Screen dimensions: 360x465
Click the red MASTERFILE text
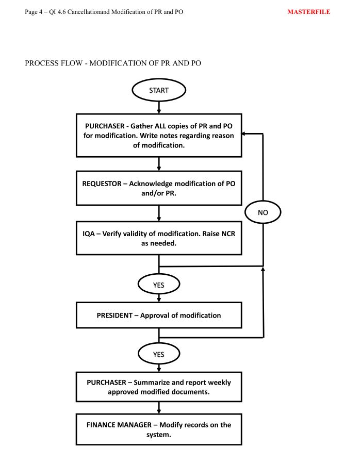click(308, 12)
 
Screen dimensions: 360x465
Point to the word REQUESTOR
click(102, 184)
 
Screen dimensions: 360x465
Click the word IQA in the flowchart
click(88, 234)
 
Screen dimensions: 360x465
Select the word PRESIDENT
click(114, 315)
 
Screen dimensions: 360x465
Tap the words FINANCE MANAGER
click(119, 425)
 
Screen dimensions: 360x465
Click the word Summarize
click(151, 383)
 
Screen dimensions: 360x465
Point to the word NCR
click(228, 234)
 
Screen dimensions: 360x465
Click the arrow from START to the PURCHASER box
click(159, 107)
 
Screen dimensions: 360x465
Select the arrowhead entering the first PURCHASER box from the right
click(243, 134)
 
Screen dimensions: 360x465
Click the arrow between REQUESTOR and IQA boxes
click(159, 213)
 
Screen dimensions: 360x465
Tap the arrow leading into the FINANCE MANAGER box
click(159, 408)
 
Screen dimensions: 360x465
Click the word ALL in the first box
click(160, 126)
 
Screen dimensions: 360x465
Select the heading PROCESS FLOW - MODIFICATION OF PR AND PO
click(113, 63)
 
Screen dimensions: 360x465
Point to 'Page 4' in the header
click(34, 12)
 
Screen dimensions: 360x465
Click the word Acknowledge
click(151, 184)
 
